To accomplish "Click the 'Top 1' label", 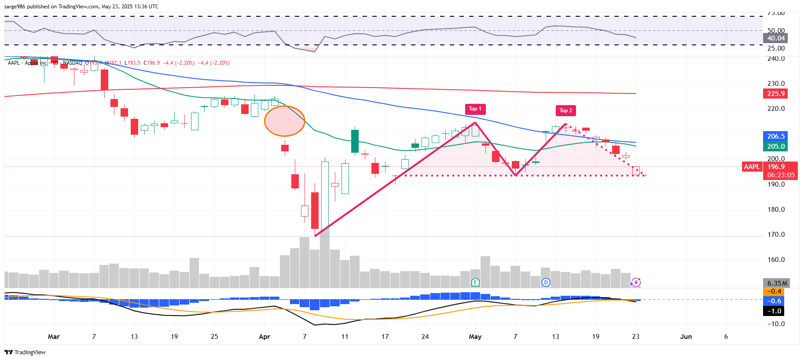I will [475, 109].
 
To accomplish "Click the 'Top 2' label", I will [565, 110].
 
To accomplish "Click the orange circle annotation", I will [284, 121].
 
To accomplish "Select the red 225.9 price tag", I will [775, 94].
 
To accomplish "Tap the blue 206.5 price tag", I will [775, 136].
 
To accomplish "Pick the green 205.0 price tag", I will [775, 147].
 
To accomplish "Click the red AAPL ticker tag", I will [752, 167].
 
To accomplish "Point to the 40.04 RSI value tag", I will [775, 38].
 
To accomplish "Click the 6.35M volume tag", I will [777, 283].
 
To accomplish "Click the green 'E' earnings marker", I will [475, 282].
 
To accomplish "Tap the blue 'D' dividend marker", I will [546, 282].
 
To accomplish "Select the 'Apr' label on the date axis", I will [264, 337].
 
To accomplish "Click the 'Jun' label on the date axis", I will [686, 337].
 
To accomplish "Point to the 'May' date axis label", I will [475, 337].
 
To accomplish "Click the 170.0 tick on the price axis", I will [776, 235].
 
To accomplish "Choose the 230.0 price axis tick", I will [776, 84].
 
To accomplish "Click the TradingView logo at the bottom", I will [25, 352].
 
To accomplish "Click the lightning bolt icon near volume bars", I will [635, 282].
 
